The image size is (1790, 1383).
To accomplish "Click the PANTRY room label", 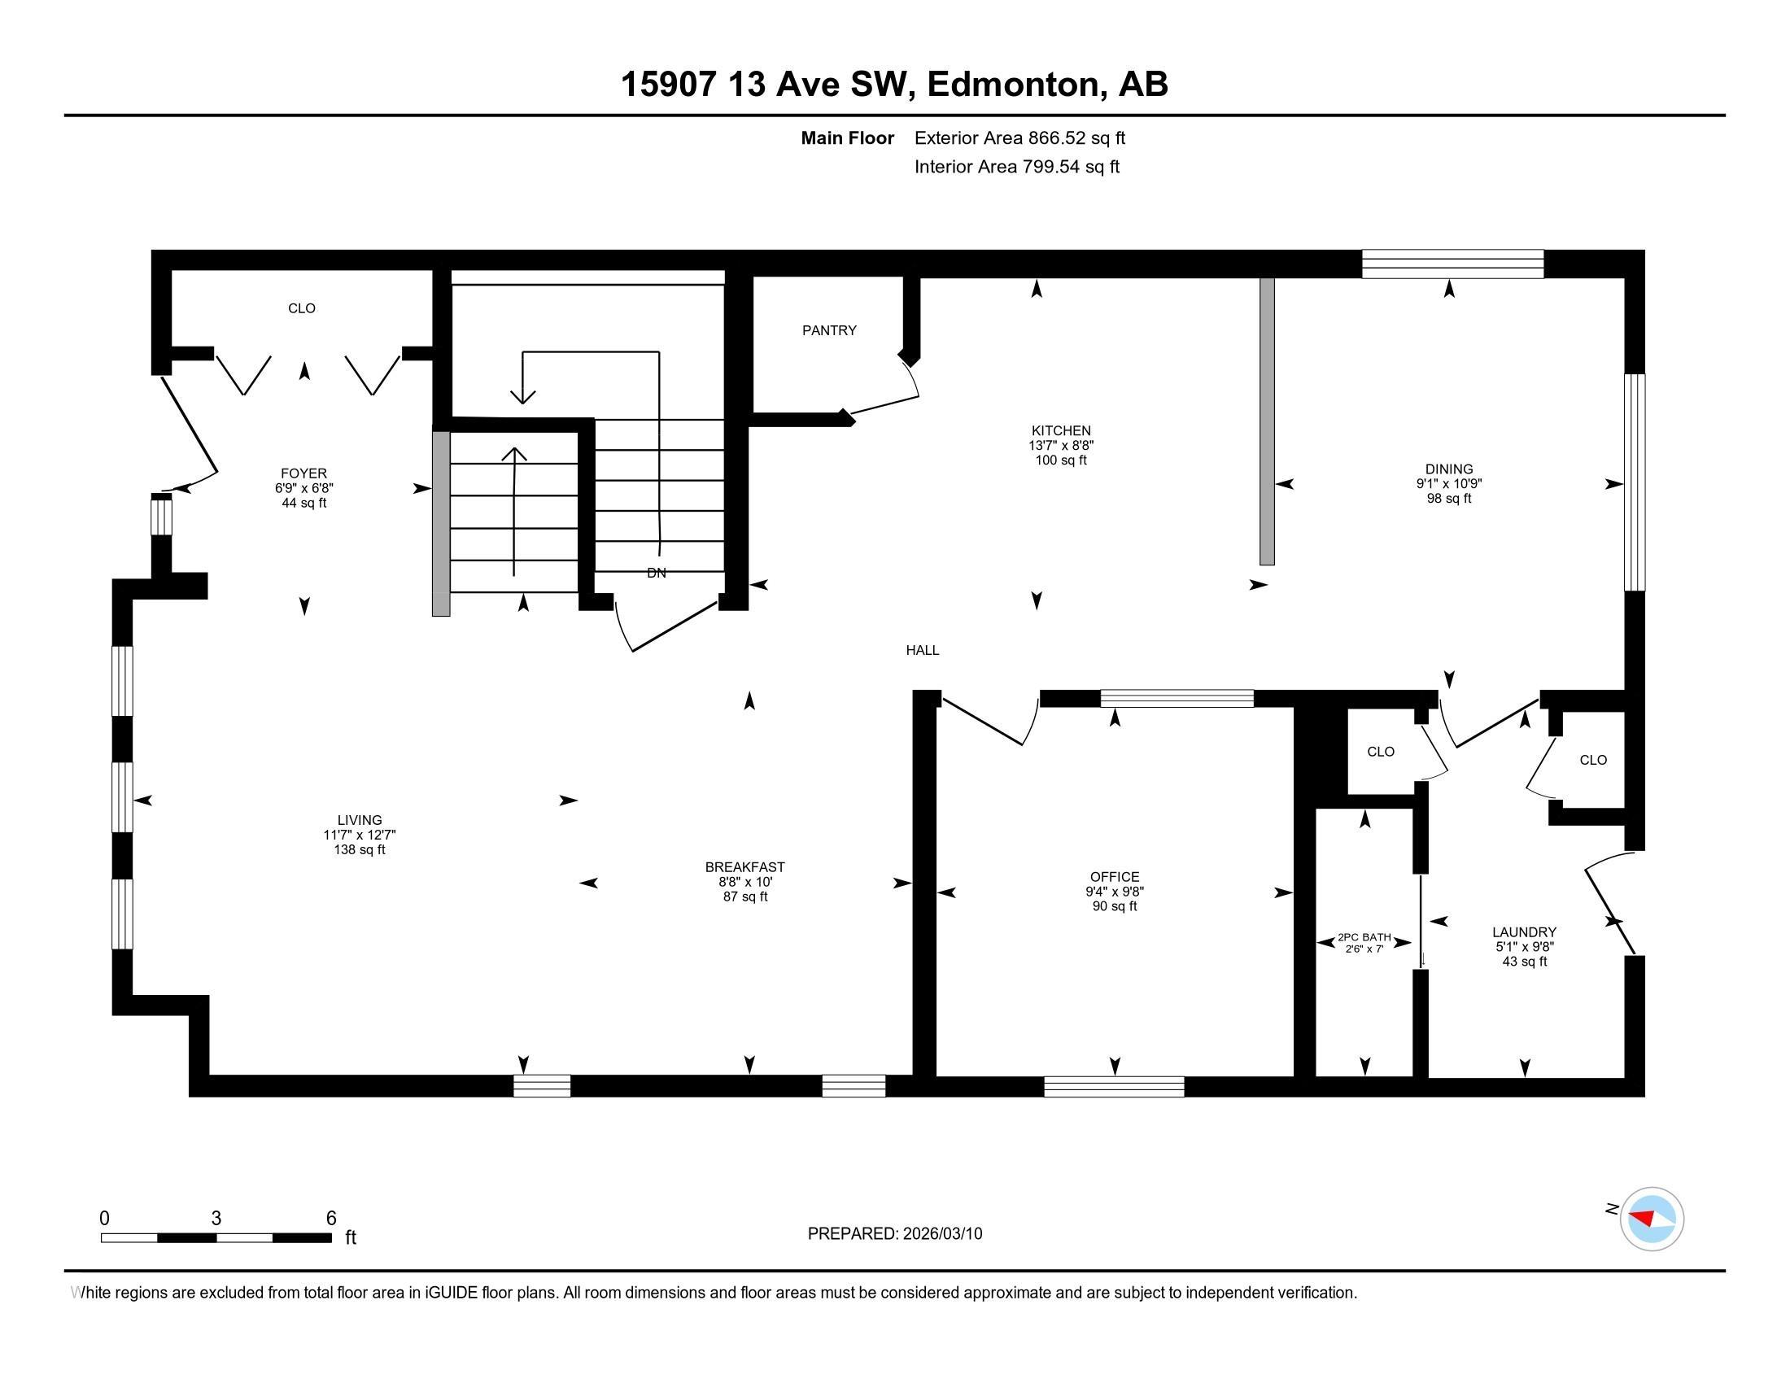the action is click(828, 330).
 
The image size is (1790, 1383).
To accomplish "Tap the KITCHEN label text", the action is click(1060, 430).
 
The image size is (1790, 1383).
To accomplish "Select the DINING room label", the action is click(1448, 469).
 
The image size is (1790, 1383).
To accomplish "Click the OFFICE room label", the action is click(1114, 877).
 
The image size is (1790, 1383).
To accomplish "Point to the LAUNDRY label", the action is click(1524, 931).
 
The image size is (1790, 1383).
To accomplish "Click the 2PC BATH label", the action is click(1364, 937).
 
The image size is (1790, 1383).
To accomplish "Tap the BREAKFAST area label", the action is click(744, 867).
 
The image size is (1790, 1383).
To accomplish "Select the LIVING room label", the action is click(359, 820).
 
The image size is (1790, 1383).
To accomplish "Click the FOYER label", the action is click(303, 473).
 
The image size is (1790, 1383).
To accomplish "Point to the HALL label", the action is click(922, 650).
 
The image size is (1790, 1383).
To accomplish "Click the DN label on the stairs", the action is click(656, 573).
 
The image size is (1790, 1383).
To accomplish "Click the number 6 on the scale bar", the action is click(331, 1219).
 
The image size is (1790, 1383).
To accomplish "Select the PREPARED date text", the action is click(894, 1234).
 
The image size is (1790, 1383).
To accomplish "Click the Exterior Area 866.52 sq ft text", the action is click(1019, 137).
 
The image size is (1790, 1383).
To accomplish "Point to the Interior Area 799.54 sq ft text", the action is click(1016, 166).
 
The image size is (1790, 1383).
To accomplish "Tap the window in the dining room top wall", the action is click(1452, 264).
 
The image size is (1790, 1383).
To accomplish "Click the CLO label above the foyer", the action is click(302, 308).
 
